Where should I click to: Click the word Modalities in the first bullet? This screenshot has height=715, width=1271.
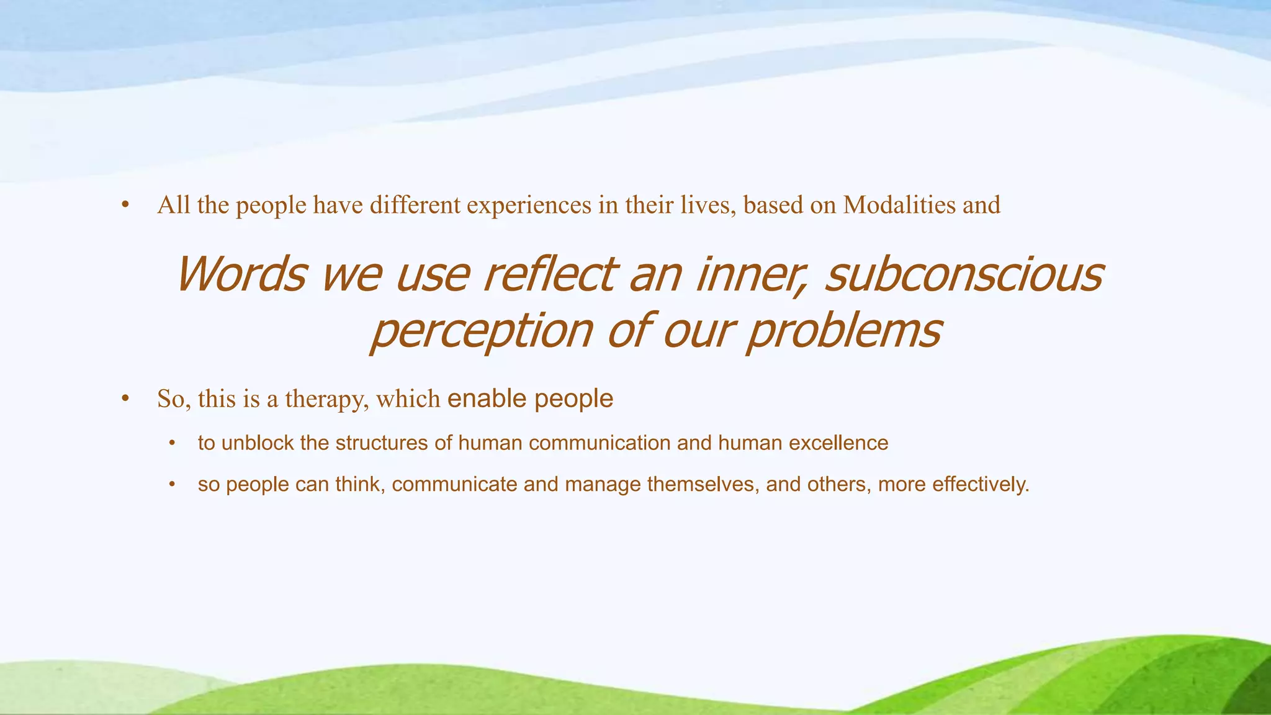tap(899, 205)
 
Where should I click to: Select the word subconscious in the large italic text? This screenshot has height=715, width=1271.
tap(964, 274)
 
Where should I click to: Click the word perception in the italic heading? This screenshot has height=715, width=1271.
tap(481, 331)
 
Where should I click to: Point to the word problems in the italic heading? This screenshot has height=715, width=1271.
tap(844, 331)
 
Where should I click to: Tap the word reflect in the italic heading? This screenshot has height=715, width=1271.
tap(549, 274)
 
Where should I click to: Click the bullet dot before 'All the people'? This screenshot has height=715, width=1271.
tap(125, 205)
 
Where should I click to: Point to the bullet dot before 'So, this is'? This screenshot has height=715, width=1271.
tap(125, 399)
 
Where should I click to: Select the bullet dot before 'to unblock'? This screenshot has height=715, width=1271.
tap(173, 444)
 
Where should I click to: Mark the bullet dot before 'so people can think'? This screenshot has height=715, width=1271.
tap(173, 485)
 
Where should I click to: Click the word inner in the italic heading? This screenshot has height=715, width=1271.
tap(753, 274)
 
